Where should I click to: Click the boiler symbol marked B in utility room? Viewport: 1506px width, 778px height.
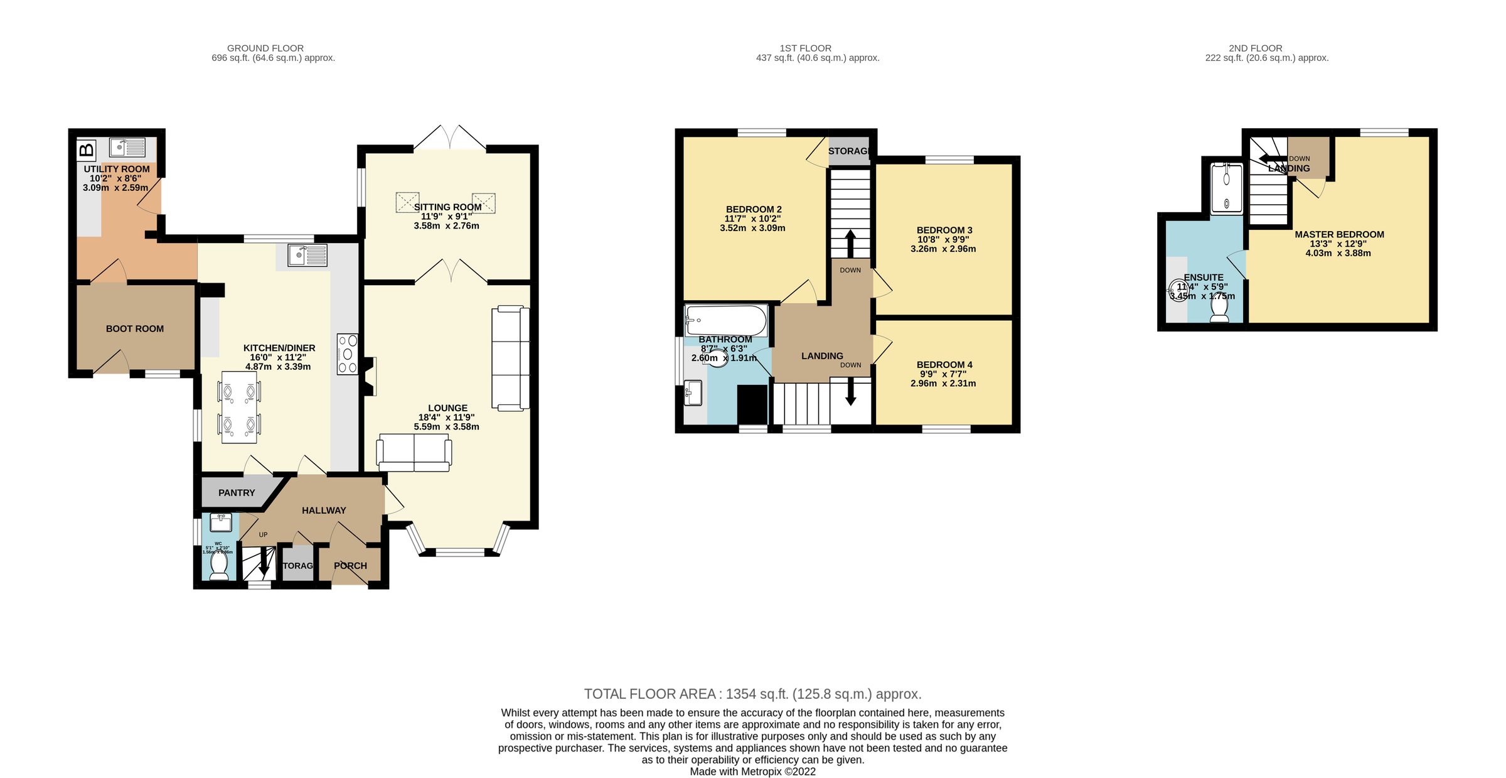point(87,149)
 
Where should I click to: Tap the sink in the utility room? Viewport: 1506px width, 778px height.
point(127,148)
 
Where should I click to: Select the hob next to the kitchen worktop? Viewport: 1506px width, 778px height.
point(348,354)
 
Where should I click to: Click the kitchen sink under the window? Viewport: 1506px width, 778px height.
point(307,255)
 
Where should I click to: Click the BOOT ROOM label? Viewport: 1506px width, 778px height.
point(134,328)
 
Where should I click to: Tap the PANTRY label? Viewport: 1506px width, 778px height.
point(237,493)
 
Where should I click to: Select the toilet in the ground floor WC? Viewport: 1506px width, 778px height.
point(219,563)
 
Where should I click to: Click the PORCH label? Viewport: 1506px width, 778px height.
point(350,566)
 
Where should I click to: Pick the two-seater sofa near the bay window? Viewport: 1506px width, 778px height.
point(414,452)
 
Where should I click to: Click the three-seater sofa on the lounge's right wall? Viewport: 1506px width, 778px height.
point(510,358)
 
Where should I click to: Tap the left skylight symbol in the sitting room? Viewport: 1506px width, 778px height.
point(407,202)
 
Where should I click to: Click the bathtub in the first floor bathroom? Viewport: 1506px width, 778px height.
point(726,321)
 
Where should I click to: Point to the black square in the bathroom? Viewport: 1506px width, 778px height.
point(752,405)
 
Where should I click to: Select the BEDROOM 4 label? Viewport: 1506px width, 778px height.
point(944,365)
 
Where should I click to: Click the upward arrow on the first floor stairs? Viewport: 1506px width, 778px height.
point(850,243)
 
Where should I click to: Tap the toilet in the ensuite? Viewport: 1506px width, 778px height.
point(1219,308)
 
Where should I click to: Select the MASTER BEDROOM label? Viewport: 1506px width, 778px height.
point(1339,235)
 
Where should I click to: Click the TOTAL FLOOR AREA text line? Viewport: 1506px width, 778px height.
point(752,694)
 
